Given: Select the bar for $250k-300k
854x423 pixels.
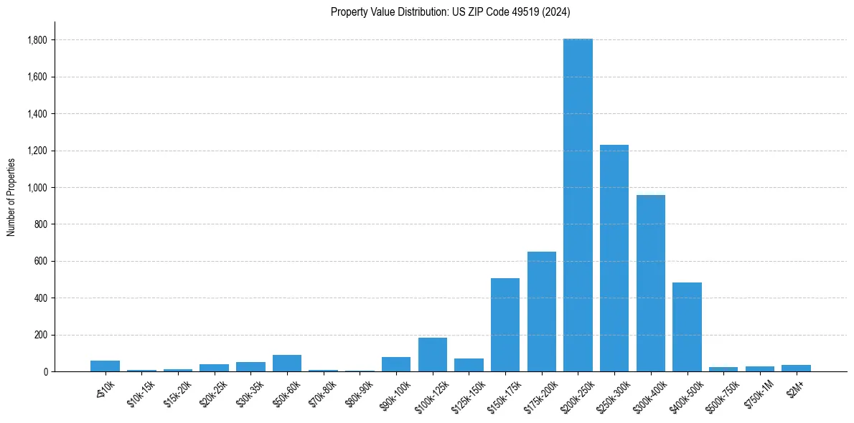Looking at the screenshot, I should [x=614, y=258].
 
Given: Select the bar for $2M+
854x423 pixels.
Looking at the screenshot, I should [x=796, y=368].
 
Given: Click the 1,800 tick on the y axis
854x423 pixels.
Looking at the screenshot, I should [x=38, y=40].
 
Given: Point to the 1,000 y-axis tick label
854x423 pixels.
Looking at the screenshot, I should [x=38, y=188].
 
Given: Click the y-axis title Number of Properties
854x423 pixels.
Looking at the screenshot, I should [x=11, y=196].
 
